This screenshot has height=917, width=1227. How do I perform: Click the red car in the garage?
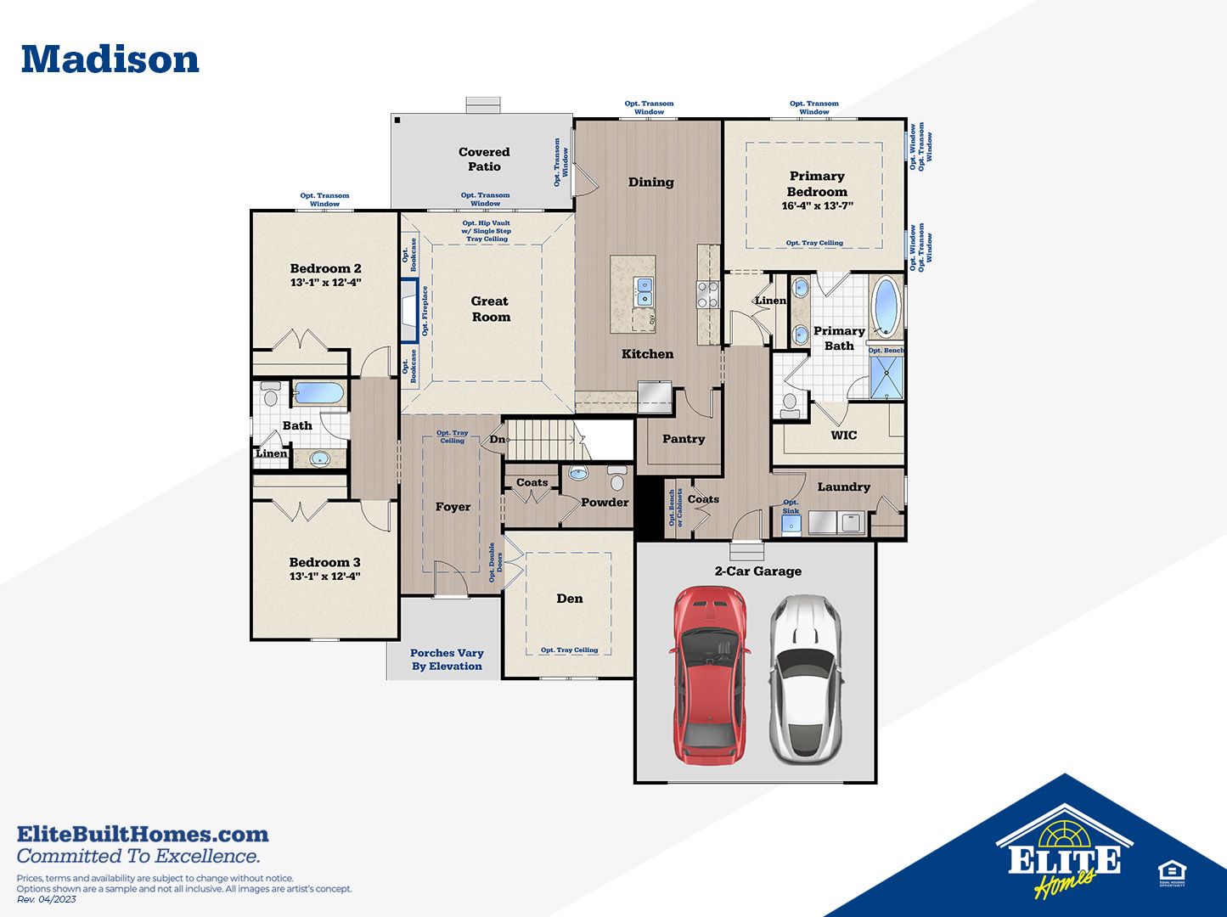click(710, 676)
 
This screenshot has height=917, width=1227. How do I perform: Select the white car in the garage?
click(804, 677)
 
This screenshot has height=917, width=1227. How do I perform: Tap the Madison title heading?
click(110, 59)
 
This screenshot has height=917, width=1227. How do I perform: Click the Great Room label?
click(491, 309)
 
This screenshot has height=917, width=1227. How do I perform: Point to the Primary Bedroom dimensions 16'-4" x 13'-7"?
click(817, 205)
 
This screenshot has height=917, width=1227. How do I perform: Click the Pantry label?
click(684, 439)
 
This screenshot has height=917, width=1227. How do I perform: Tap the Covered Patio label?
click(484, 159)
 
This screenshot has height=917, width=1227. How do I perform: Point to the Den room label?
click(570, 599)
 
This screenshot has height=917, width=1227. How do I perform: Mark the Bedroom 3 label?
click(324, 562)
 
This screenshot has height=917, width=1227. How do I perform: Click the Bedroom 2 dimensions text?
click(325, 282)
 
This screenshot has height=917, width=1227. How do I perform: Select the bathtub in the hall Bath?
click(318, 393)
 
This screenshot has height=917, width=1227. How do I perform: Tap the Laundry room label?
click(843, 487)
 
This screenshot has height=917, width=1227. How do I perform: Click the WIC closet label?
click(843, 435)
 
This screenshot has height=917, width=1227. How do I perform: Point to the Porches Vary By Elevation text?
click(447, 660)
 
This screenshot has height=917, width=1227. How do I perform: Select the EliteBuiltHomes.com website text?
click(143, 834)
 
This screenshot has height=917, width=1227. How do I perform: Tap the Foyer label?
click(453, 507)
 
